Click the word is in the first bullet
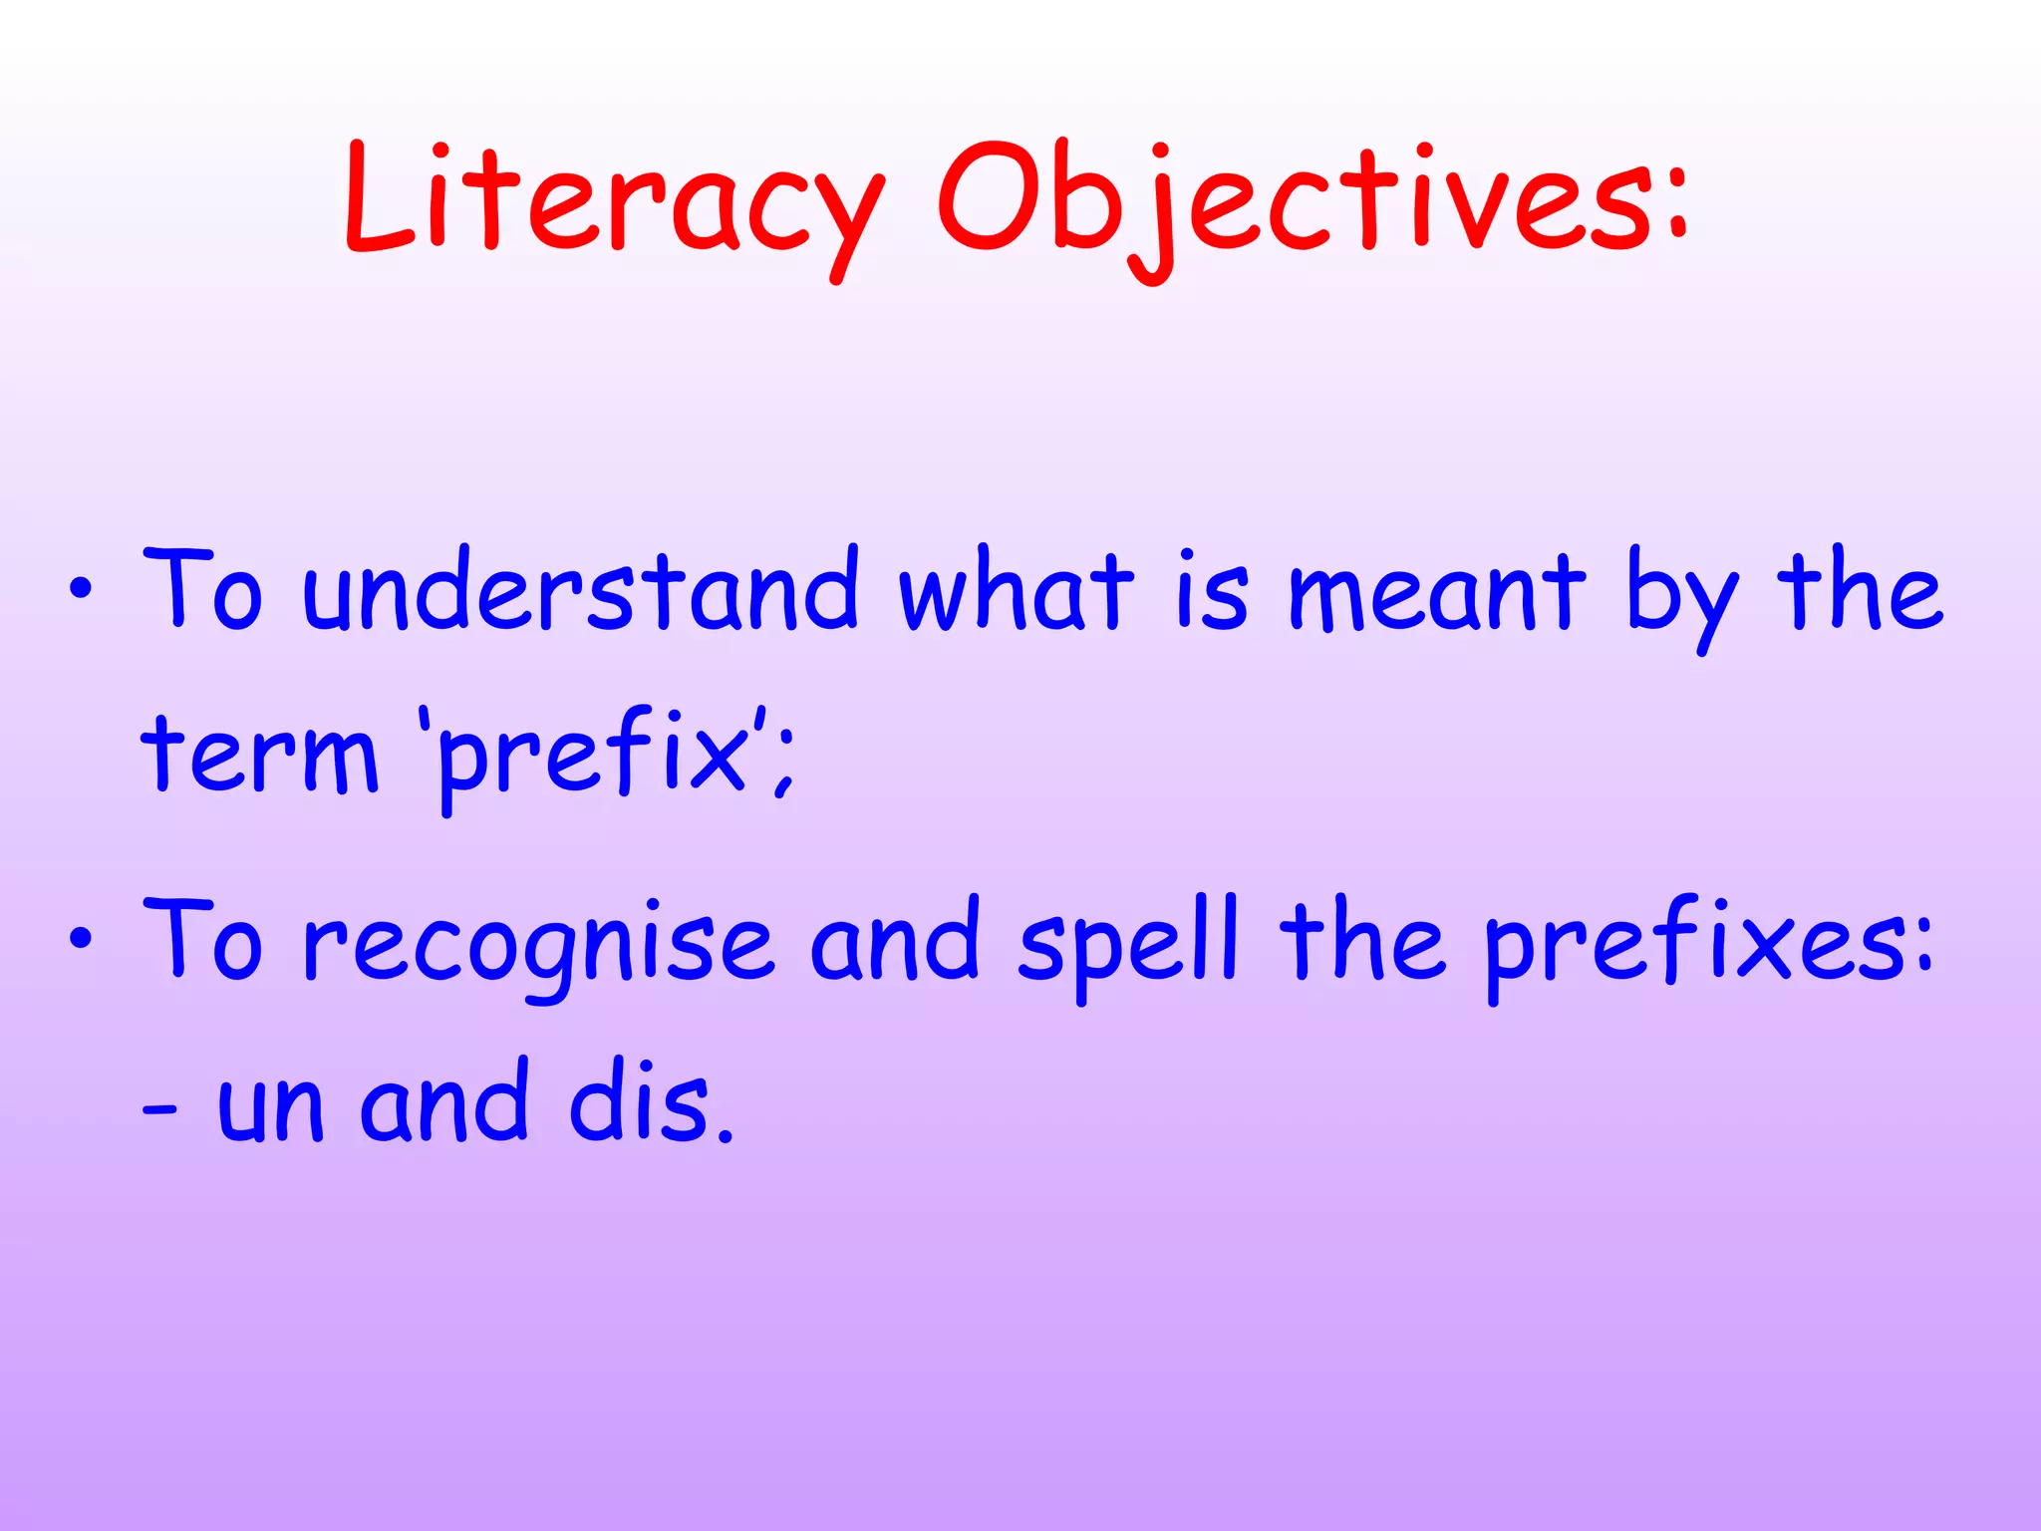1211,593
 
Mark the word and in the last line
444,1101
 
